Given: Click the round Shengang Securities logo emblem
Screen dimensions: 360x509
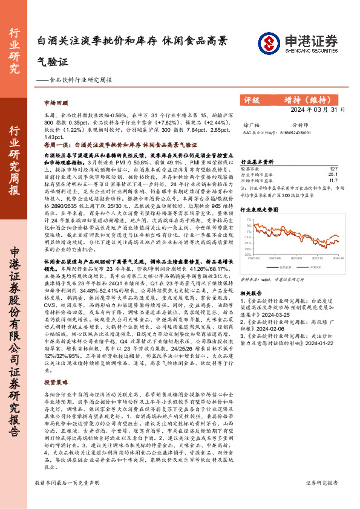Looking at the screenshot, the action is point(269,41).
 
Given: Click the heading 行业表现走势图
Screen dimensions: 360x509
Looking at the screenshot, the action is point(260,209).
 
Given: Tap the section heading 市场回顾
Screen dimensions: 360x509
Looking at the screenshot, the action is point(56,103).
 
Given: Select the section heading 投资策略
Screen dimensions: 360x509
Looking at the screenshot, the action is point(56,382).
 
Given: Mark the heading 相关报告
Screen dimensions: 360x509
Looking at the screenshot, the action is point(252,293).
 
